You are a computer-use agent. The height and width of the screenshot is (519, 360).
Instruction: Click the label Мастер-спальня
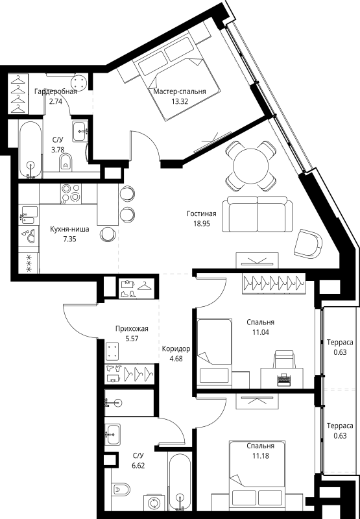[180, 92]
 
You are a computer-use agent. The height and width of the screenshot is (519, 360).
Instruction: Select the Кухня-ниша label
[69, 229]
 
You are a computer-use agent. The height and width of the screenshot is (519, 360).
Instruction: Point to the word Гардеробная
[55, 91]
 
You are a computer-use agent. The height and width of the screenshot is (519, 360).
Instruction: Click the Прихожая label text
[128, 310]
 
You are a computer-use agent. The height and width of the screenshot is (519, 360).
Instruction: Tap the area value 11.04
[260, 314]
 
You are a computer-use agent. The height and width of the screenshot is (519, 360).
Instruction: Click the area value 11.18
[259, 457]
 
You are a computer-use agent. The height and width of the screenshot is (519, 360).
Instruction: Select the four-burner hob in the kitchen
[70, 193]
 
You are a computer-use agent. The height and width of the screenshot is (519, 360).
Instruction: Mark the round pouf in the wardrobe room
[80, 84]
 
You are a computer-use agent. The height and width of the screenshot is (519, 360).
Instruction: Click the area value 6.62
[138, 465]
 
